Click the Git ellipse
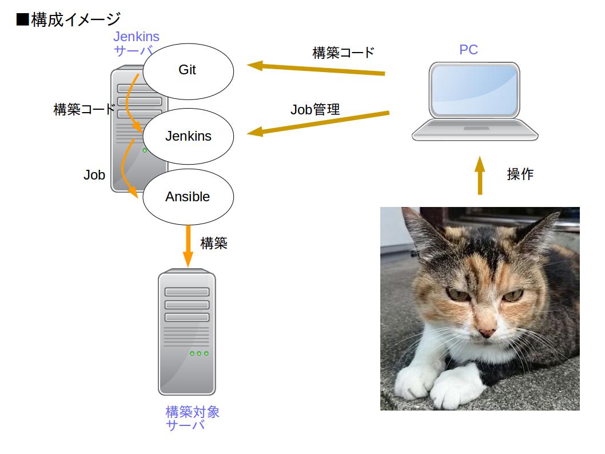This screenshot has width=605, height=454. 188,71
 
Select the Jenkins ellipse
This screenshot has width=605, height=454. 188,136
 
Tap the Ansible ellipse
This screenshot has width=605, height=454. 188,197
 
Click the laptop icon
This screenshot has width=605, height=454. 475,101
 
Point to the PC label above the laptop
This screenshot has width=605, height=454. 468,50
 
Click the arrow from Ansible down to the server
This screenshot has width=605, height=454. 188,246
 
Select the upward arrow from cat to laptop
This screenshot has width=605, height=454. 480,176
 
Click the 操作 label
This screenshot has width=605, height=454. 520,174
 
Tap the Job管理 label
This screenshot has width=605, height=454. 315,110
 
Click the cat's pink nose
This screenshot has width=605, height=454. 487,332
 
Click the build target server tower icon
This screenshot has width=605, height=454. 187,332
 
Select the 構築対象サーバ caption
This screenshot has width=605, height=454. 192,418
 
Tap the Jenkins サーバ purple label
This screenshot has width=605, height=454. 136,43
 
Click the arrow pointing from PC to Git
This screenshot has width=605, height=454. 316,69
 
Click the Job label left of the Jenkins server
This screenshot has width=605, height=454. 94,175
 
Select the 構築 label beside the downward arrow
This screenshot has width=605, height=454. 214,243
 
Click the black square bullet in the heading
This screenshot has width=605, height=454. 23,19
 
